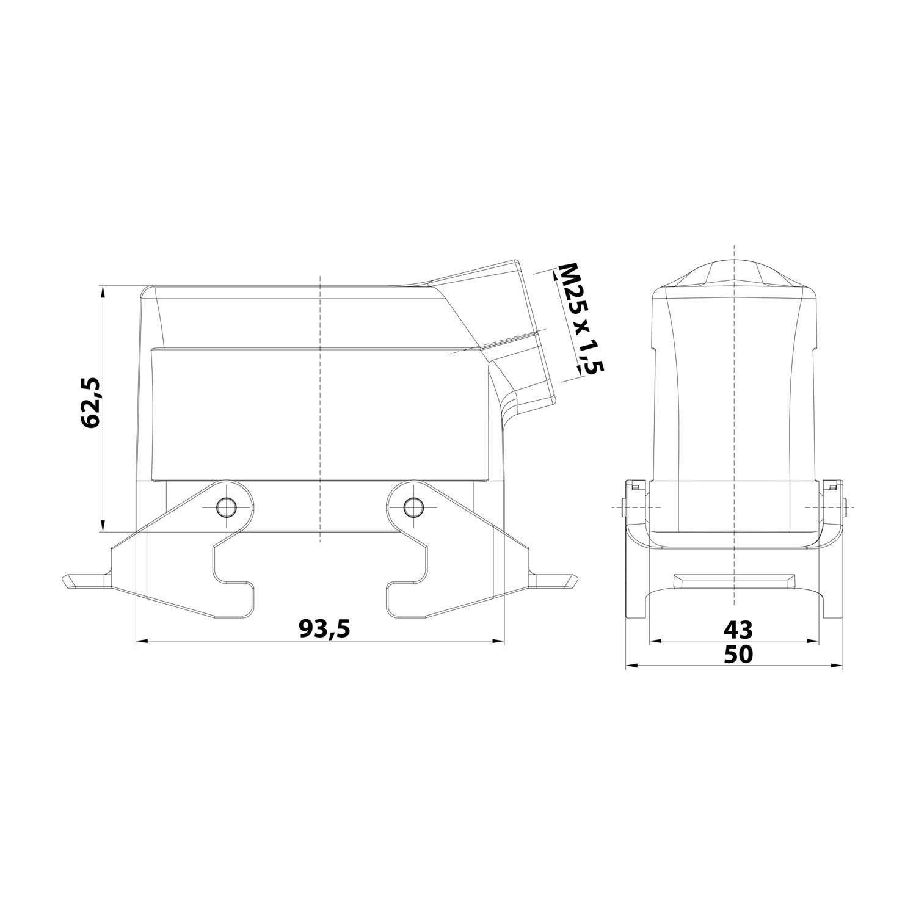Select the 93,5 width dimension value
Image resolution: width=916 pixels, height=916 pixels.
[x=324, y=628]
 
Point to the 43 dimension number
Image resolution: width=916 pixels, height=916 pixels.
[x=738, y=628]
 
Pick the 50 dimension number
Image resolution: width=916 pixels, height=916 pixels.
[x=738, y=654]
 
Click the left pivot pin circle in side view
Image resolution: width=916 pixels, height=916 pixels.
[x=227, y=506]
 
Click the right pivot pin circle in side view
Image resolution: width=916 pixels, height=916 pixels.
[x=415, y=506]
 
